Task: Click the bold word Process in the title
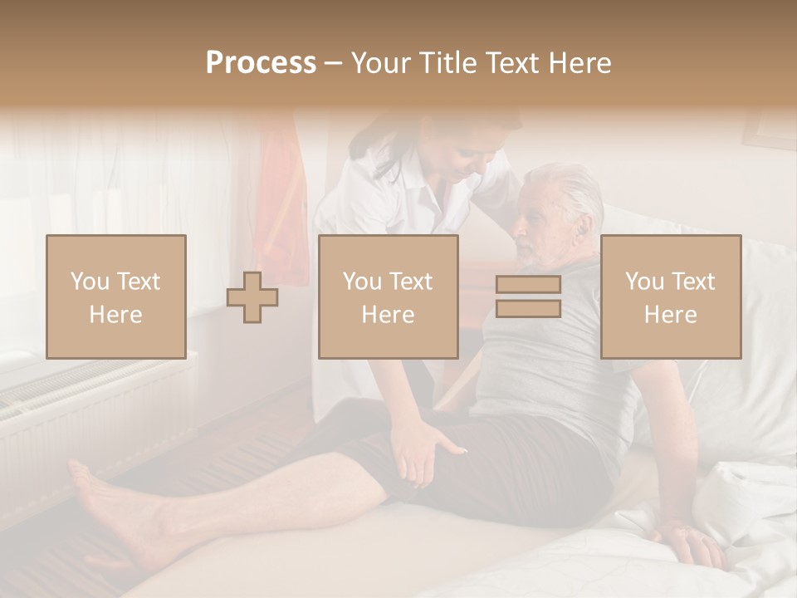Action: coord(261,63)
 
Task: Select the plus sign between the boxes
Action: coord(252,297)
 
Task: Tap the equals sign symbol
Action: coord(528,297)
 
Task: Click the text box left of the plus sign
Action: coord(116,297)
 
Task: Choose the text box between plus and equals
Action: coord(389,297)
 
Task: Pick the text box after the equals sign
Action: coord(671,297)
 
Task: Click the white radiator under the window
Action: coord(91,415)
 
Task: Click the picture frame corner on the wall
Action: coord(769,133)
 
